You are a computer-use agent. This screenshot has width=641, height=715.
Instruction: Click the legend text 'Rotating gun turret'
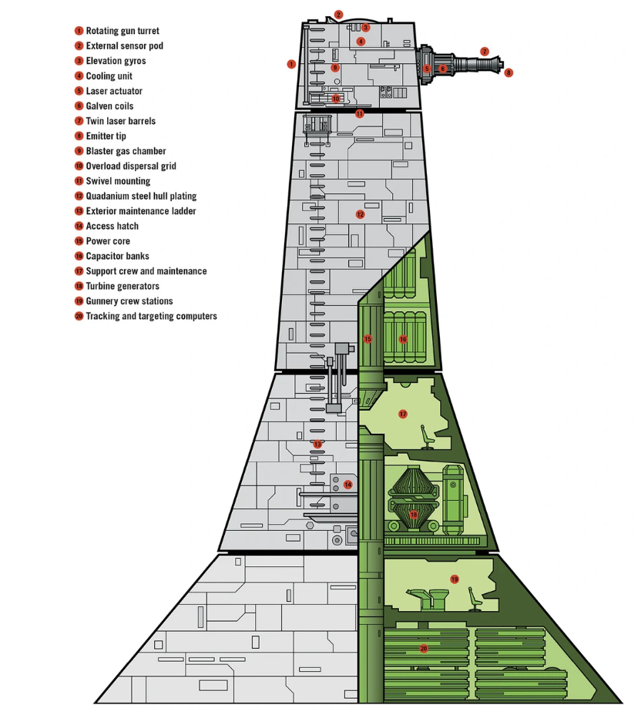122,31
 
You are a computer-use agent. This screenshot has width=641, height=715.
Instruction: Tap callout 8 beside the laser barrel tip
508,72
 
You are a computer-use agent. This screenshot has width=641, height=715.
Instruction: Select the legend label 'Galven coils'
109,106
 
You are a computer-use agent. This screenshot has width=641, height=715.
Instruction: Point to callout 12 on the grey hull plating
360,214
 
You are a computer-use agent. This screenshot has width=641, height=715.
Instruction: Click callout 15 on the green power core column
368,339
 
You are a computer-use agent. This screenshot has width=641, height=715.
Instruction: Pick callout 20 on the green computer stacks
424,648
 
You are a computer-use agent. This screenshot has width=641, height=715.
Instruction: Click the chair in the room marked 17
427,437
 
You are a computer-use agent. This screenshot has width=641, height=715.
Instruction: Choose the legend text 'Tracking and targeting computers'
151,316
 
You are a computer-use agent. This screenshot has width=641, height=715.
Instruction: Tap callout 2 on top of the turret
338,15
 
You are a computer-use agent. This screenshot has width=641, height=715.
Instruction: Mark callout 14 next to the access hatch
348,485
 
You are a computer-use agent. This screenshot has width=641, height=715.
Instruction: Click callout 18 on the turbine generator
414,515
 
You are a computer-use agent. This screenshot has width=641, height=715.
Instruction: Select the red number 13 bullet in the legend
79,211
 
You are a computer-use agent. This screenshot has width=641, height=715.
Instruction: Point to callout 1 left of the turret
291,64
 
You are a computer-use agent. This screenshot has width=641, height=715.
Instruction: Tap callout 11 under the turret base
360,113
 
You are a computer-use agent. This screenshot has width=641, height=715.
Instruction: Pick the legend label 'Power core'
108,241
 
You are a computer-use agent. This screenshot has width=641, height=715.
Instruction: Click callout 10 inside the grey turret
336,99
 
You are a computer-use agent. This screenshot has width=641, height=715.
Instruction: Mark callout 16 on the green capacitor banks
403,339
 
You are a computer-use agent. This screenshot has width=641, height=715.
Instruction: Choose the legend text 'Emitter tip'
106,136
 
